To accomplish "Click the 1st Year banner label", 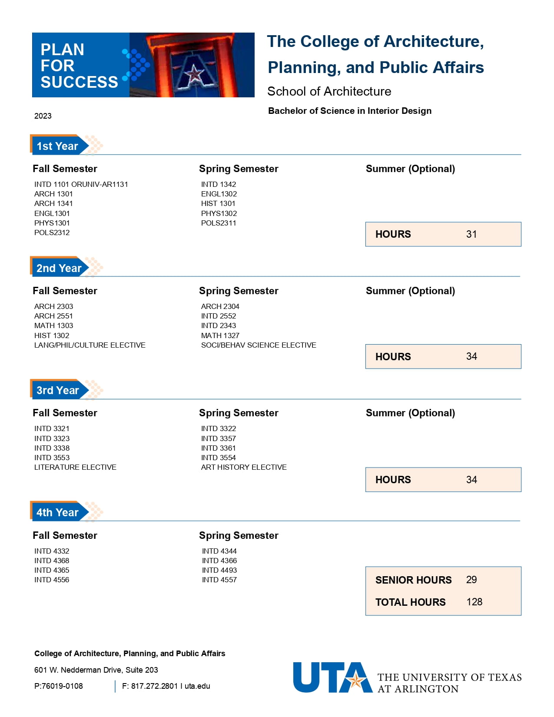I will (x=57, y=146).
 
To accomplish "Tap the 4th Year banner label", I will (x=57, y=512).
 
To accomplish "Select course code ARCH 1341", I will (x=53, y=203).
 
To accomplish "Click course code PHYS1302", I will (x=219, y=213).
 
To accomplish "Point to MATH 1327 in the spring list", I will (x=220, y=335).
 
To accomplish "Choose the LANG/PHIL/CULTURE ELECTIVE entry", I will (x=90, y=345).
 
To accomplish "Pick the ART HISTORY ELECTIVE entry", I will (x=243, y=467).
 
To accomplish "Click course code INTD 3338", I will (x=52, y=448).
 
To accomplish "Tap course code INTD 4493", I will (x=219, y=570).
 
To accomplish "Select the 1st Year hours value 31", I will (x=471, y=234).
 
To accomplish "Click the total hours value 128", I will (x=474, y=602).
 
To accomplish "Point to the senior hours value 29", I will (x=471, y=580).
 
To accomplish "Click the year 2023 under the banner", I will (x=43, y=116).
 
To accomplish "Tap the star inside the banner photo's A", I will (x=194, y=73).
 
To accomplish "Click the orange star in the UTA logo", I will (x=356, y=680).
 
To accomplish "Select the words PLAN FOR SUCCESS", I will (x=79, y=66).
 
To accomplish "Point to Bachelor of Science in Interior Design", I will (x=349, y=111).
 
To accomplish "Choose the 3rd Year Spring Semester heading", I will (x=239, y=413).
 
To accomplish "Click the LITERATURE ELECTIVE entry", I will (x=75, y=467).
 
